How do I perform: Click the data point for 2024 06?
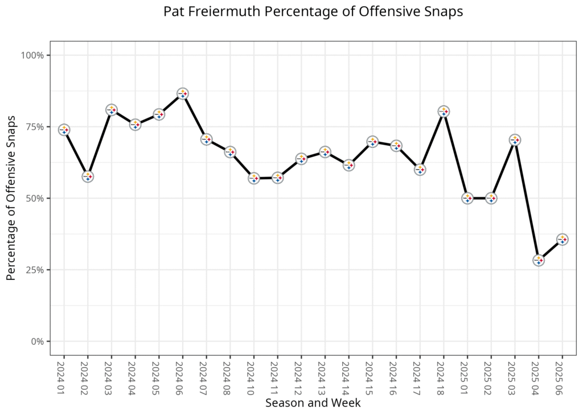183,94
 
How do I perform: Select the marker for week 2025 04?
539,260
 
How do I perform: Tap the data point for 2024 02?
88,176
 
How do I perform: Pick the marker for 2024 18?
444,112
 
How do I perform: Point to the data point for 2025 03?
515,140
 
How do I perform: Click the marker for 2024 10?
254,179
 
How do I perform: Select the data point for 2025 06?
563,240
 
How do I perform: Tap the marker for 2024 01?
64,130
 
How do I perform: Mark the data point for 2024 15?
372,142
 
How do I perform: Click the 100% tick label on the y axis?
33,55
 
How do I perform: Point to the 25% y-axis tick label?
35,270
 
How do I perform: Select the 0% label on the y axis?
37,341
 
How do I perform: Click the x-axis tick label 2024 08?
229,375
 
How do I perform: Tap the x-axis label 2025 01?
467,375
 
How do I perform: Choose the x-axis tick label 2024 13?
325,375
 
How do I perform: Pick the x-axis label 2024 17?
420,375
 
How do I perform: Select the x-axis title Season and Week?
313,403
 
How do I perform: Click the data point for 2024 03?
112,110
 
